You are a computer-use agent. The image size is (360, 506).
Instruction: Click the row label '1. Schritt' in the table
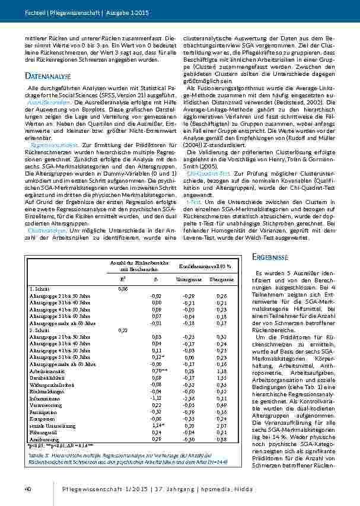point(39,288)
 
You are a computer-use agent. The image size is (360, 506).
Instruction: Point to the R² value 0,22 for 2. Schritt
point(123,329)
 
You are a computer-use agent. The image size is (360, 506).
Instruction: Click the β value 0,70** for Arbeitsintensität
point(156,371)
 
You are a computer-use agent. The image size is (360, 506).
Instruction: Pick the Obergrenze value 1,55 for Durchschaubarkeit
point(222,378)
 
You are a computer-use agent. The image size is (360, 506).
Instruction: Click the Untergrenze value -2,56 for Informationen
point(190,399)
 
